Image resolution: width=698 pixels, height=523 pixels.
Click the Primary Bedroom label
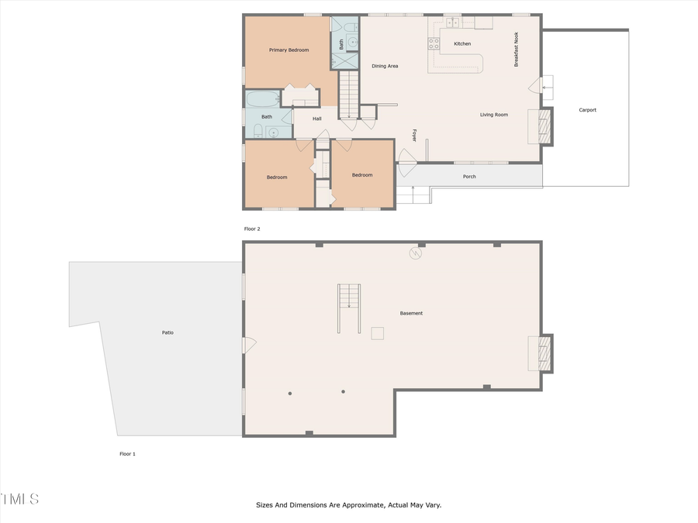(x=289, y=50)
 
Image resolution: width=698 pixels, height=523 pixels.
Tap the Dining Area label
(x=385, y=67)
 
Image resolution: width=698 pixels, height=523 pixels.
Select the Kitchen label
(x=462, y=44)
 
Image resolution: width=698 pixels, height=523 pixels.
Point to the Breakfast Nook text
(x=516, y=50)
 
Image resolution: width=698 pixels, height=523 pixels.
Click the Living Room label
(x=493, y=115)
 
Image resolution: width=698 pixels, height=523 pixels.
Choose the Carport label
(x=588, y=110)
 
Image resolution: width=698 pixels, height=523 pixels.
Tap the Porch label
(x=469, y=177)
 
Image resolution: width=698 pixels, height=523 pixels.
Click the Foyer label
(x=414, y=135)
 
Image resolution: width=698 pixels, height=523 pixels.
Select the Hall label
(x=317, y=119)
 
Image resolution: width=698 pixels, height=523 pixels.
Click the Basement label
(x=411, y=314)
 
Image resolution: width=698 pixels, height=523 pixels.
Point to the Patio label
(x=168, y=332)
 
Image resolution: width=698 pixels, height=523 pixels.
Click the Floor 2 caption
(x=252, y=229)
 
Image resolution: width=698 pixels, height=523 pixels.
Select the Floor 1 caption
(x=127, y=454)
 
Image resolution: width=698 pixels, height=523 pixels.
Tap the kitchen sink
(x=453, y=22)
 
